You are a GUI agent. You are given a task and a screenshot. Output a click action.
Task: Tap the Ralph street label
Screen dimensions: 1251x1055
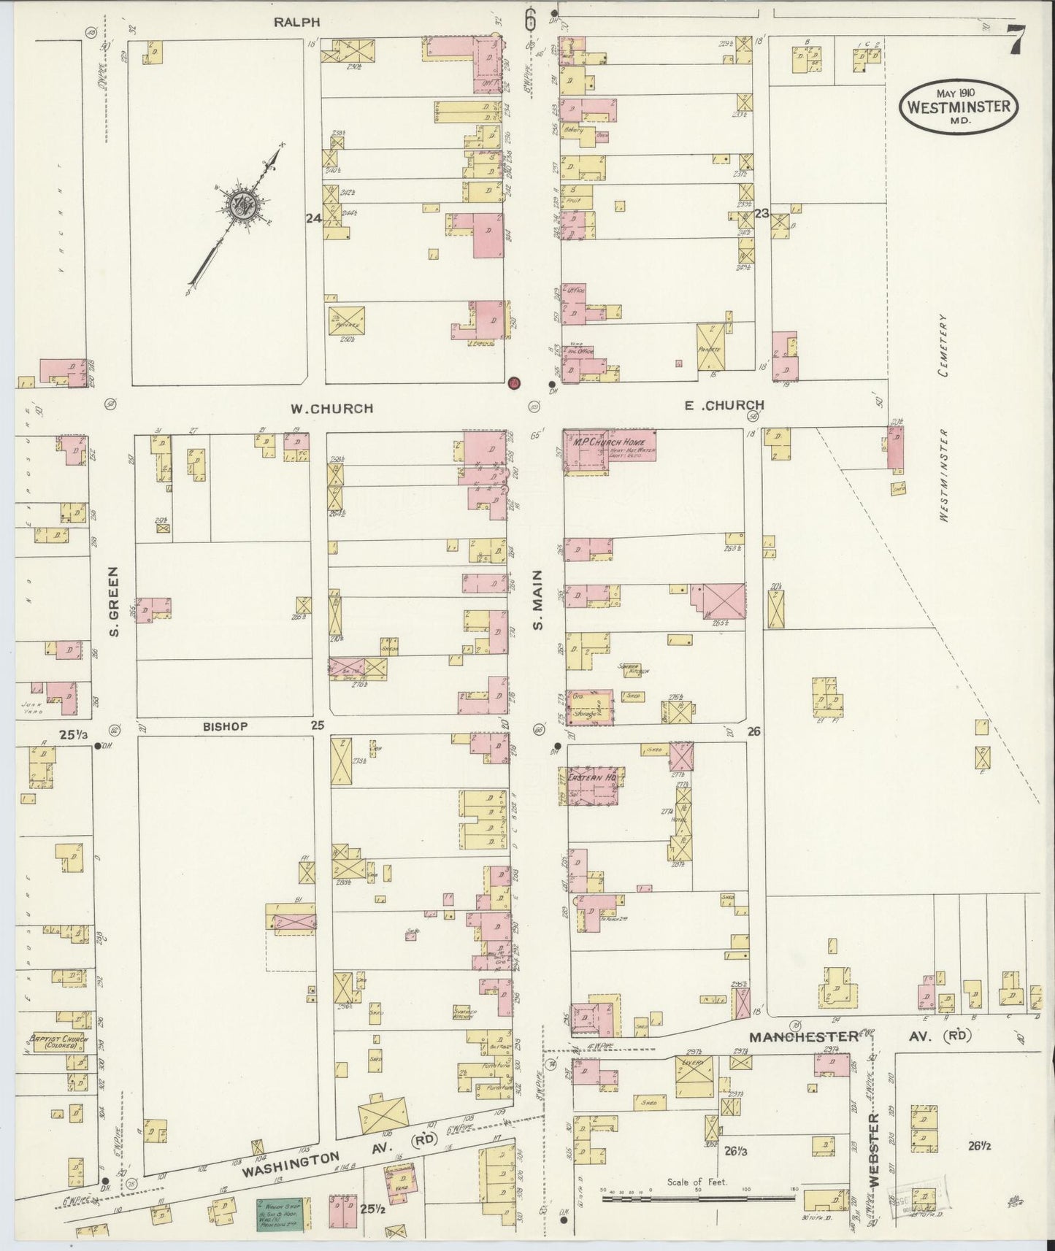297,23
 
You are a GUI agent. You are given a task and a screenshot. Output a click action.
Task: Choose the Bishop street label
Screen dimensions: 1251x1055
226,727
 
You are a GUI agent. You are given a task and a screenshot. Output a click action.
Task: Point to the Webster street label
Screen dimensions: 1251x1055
874,1144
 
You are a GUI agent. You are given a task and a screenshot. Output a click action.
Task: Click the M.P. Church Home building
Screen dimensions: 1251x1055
610,450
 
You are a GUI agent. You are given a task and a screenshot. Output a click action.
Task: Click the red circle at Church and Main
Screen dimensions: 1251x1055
514,382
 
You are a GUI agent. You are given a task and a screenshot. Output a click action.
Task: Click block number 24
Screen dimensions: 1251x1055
313,218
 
